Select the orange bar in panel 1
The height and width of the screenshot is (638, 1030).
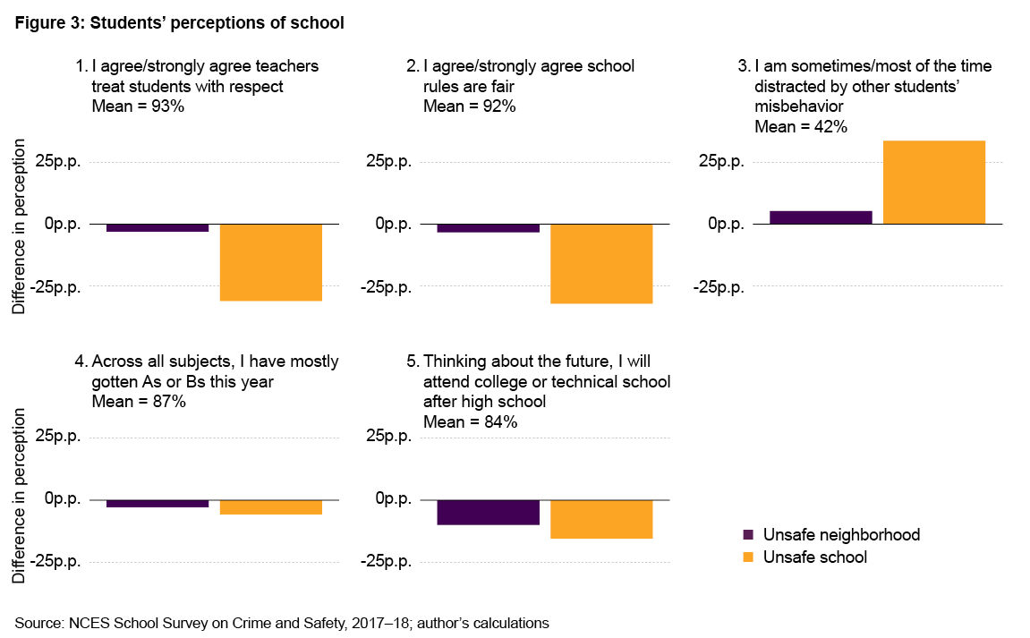(270, 262)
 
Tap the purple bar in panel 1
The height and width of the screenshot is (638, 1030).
(157, 228)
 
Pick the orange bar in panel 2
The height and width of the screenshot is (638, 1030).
(601, 264)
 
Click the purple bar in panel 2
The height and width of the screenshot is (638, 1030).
(489, 228)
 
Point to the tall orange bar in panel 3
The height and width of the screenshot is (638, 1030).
(934, 183)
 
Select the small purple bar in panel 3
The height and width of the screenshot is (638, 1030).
(821, 217)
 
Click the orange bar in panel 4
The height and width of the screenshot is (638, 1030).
(270, 507)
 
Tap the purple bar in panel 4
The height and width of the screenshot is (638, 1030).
(157, 504)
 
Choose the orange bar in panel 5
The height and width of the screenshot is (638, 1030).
(601, 519)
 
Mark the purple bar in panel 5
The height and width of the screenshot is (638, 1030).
(489, 512)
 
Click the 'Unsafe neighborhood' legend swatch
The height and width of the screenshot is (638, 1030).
(749, 535)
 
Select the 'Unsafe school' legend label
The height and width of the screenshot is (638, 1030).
(815, 557)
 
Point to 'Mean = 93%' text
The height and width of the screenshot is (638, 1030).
(139, 106)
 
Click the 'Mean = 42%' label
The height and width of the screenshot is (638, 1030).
(801, 126)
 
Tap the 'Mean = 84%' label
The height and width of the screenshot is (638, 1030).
(470, 421)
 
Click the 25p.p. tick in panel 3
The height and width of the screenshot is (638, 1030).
(719, 162)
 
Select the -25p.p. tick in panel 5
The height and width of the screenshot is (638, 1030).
(385, 562)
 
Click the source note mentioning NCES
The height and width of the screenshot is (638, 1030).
(282, 622)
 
